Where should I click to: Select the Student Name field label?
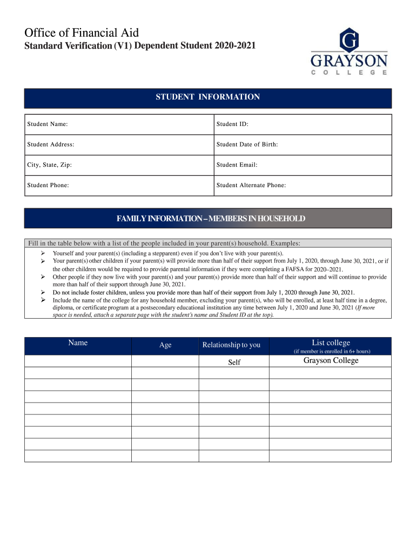pyautogui.click(x=48, y=124)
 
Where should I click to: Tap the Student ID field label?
pyautogui.click(x=232, y=124)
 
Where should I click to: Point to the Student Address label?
pyautogui.click(x=51, y=144)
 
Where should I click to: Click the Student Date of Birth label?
pyautogui.click(x=247, y=144)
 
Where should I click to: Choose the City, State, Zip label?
pyautogui.click(x=50, y=165)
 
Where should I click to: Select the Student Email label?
pyautogui.click(x=237, y=165)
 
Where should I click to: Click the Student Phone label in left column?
pyautogui.click(x=48, y=185)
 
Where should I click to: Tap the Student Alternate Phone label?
pyautogui.click(x=251, y=185)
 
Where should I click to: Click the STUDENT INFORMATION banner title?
pyautogui.click(x=208, y=97)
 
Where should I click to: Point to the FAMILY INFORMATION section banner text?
pyautogui.click(x=211, y=219)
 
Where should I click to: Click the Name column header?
pyautogui.click(x=78, y=343)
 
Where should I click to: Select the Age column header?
pyautogui.click(x=165, y=345)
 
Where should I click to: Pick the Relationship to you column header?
pyautogui.click(x=231, y=345)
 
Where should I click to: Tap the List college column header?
pyautogui.click(x=331, y=343)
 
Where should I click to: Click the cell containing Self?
pyautogui.click(x=234, y=362)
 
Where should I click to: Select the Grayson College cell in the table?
pyautogui.click(x=331, y=361)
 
